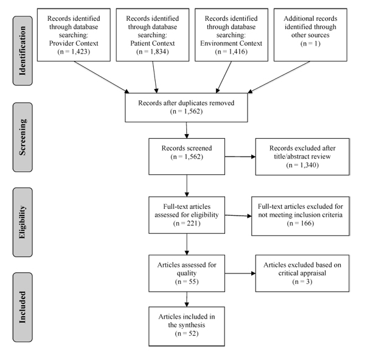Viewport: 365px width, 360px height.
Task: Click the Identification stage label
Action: pos(23,51)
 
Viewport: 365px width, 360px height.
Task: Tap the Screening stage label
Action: pos(23,137)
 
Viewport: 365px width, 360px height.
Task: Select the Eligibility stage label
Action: pos(23,222)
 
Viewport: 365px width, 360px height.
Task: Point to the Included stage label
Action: pos(23,307)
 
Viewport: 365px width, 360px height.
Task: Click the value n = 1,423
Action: pos(74,52)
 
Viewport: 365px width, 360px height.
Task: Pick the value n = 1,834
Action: pos(153,52)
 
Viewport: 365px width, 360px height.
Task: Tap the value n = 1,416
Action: pos(231,52)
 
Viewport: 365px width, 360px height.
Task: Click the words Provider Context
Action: pos(74,43)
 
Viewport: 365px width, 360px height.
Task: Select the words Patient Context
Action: pos(153,43)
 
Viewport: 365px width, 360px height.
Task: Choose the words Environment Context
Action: pos(231,43)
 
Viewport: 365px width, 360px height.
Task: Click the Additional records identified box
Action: pos(310,35)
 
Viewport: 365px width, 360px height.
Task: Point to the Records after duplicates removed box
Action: pos(186,107)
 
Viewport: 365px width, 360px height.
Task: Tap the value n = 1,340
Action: pos(302,165)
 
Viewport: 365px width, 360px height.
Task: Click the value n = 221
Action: pos(187,224)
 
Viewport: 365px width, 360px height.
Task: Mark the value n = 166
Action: pos(301,224)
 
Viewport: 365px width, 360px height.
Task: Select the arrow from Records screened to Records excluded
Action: pos(240,157)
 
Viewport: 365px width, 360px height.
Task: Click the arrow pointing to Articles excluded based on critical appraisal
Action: pos(240,274)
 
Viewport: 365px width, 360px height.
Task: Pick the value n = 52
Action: pos(187,333)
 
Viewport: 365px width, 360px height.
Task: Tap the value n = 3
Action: pos(302,281)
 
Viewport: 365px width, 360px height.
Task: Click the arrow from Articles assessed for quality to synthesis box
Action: pos(187,299)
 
